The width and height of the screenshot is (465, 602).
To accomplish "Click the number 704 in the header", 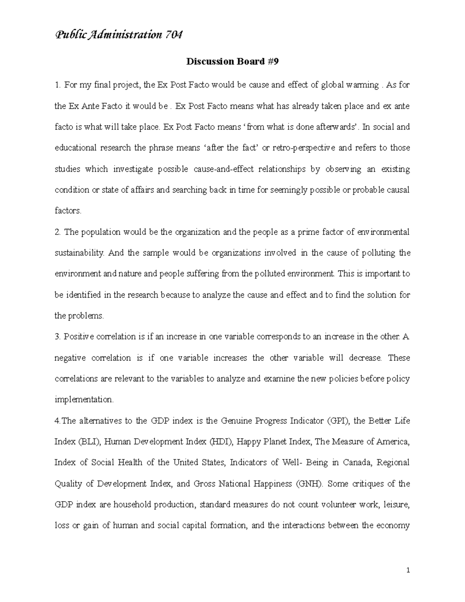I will click(x=173, y=35).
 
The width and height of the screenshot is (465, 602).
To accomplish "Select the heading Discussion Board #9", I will click(x=232, y=62).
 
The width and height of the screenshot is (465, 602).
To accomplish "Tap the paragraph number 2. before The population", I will click(x=58, y=232).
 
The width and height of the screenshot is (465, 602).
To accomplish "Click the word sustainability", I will click(x=79, y=253).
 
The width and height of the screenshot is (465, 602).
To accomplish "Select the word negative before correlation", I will click(x=70, y=358).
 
